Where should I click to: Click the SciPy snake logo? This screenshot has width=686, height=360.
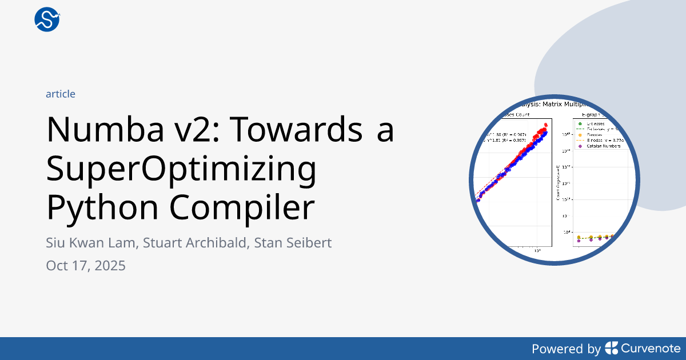[x=47, y=19]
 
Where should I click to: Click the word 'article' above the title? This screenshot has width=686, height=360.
[x=61, y=94]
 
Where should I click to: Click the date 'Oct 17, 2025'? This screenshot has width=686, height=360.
[x=86, y=266]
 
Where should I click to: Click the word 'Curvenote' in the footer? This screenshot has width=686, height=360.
[x=651, y=349]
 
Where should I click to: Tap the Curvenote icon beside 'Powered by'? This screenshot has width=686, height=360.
[x=611, y=348]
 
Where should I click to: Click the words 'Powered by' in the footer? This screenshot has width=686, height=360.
[x=566, y=349]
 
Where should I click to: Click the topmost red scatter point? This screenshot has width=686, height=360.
[x=545, y=125]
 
